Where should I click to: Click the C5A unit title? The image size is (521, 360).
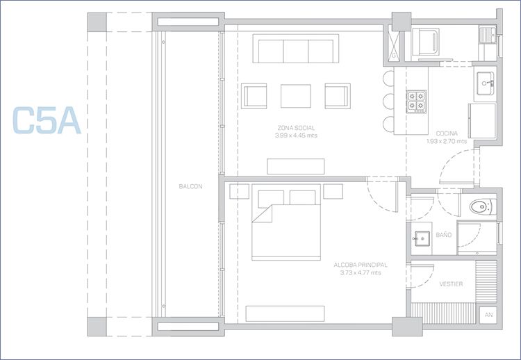click(47, 120)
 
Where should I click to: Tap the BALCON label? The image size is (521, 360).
click(190, 186)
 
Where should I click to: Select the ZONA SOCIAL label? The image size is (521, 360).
click(296, 128)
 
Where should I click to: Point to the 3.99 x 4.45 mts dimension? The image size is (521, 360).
click(296, 136)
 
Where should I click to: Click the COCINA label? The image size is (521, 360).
click(447, 133)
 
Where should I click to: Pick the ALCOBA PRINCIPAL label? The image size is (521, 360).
click(361, 265)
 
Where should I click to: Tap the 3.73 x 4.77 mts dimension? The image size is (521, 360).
click(361, 273)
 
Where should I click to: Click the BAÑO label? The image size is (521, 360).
click(444, 235)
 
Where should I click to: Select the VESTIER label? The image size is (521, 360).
click(451, 284)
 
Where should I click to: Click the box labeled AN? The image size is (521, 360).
click(488, 315)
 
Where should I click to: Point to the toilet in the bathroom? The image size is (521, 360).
click(483, 207)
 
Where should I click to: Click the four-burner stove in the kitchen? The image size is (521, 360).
click(416, 101)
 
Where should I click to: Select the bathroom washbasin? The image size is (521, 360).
click(422, 238)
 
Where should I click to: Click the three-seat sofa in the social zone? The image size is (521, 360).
click(296, 48)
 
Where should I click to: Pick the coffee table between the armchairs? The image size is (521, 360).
click(296, 96)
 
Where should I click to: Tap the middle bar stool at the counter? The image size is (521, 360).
click(388, 101)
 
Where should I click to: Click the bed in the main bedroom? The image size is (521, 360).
click(286, 222)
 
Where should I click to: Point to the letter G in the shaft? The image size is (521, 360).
click(394, 56)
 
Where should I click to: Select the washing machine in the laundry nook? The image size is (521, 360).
click(426, 42)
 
